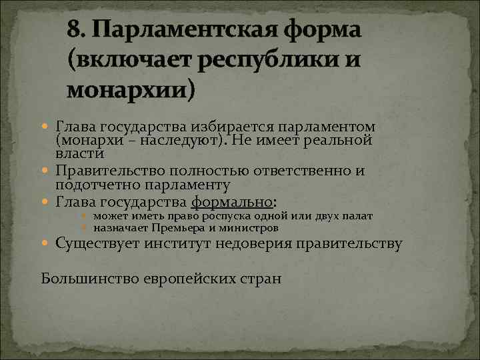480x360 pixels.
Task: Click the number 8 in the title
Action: pos(75,29)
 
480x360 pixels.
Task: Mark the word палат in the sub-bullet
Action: pos(357,217)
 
